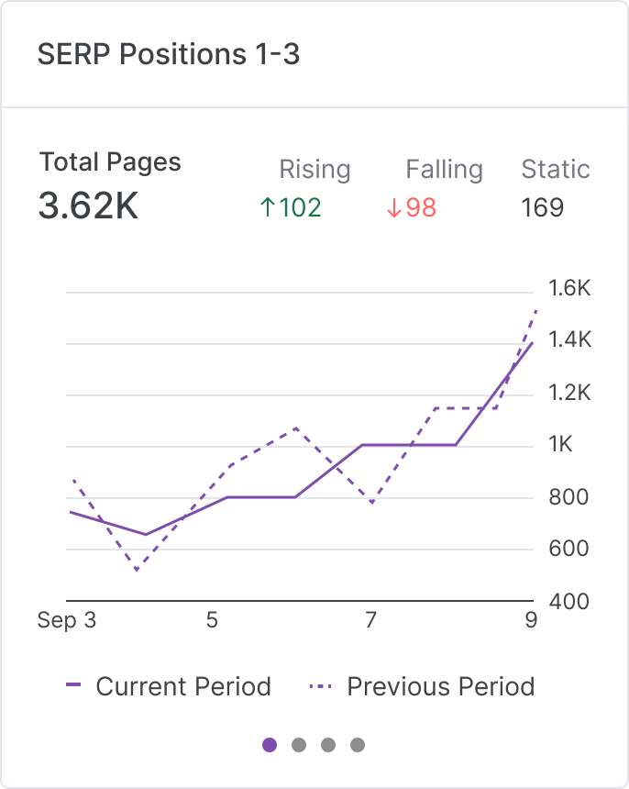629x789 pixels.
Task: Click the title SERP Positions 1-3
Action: [x=169, y=55]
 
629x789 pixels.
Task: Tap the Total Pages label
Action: [x=110, y=162]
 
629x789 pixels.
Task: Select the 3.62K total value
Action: [x=88, y=206]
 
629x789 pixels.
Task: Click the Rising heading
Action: [x=314, y=170]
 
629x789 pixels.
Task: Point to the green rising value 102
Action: [x=291, y=207]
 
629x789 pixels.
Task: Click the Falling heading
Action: [x=444, y=170]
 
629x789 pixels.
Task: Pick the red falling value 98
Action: [x=411, y=207]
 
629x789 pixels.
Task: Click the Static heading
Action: [x=555, y=170]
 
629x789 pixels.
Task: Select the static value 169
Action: [x=542, y=207]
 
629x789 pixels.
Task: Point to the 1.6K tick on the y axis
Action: [x=569, y=289]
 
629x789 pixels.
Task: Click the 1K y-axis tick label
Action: [x=560, y=445]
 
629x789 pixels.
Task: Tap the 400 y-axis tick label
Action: [x=568, y=602]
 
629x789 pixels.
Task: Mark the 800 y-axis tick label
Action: [x=568, y=497]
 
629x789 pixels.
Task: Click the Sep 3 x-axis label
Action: [x=66, y=621]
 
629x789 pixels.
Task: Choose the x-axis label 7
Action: [x=370, y=621]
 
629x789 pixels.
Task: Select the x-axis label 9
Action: [x=531, y=621]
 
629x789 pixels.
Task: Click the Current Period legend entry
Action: [x=169, y=686]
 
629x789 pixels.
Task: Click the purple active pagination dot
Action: [x=270, y=744]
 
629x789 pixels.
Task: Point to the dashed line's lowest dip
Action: [x=137, y=571]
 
